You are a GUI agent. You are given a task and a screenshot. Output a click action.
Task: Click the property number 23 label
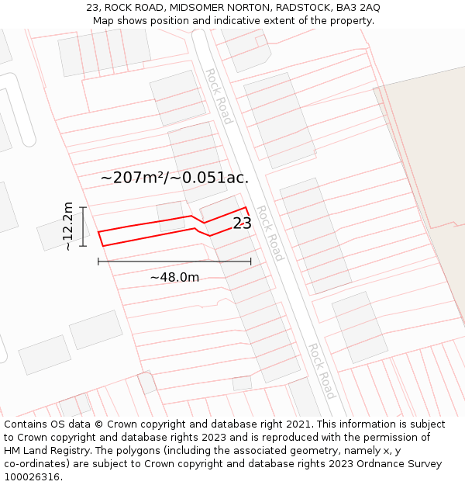pos(242,223)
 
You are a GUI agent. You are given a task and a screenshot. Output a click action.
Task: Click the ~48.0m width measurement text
pos(174,277)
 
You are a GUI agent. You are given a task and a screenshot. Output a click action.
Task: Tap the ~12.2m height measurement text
pos(68,226)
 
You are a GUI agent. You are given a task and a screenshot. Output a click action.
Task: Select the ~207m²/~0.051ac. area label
pos(174,178)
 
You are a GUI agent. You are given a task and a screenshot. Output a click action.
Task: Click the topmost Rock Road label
pos(219,96)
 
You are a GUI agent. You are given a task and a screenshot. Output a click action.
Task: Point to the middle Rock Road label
pos(270,234)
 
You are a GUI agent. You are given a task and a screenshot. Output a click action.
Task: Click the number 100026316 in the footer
pos(33,477)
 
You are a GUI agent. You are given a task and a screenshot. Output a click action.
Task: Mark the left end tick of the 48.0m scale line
pos(98,262)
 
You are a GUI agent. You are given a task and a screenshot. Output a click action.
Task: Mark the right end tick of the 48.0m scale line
pos(250,262)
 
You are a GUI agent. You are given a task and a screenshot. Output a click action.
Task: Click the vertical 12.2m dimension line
pos(82,226)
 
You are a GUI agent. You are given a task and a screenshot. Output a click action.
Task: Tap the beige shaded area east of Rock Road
pos(426,155)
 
